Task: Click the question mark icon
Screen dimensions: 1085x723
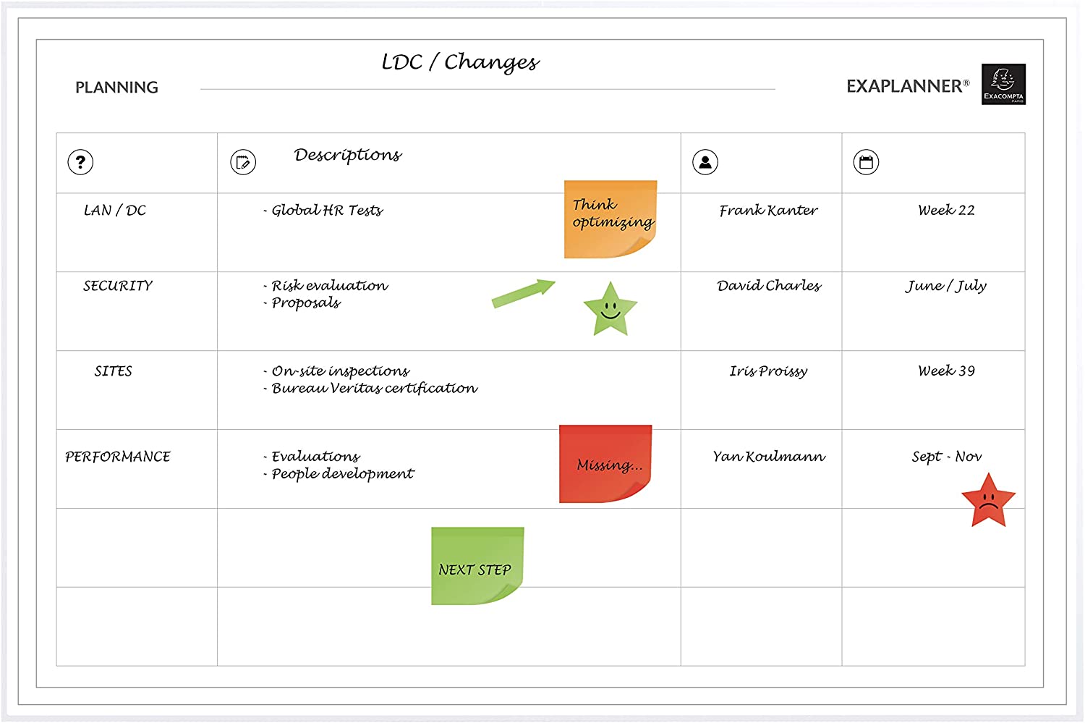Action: [80, 162]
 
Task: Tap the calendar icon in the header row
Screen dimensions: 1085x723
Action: [866, 162]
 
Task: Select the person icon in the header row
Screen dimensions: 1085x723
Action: [705, 162]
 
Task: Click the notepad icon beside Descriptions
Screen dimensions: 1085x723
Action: [243, 162]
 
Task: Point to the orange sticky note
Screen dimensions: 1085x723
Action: [610, 219]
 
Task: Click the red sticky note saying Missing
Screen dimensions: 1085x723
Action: [605, 464]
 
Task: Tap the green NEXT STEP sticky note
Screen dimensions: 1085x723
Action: [477, 566]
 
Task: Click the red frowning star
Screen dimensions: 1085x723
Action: [989, 501]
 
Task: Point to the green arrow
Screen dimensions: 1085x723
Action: [523, 293]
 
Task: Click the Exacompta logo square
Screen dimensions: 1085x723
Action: [1004, 84]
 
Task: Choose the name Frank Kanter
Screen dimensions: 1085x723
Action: [768, 211]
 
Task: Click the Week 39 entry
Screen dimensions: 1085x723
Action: [946, 371]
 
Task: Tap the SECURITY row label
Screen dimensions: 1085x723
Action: [118, 285]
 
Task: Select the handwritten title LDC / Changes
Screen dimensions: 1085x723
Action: [460, 62]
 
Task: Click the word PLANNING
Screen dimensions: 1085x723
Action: [116, 88]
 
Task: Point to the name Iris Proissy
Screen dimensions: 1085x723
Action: [768, 371]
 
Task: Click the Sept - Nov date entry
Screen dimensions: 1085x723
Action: [946, 457]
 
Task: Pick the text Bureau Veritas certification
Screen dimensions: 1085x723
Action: [375, 388]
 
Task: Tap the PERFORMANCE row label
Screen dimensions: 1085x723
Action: [118, 457]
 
